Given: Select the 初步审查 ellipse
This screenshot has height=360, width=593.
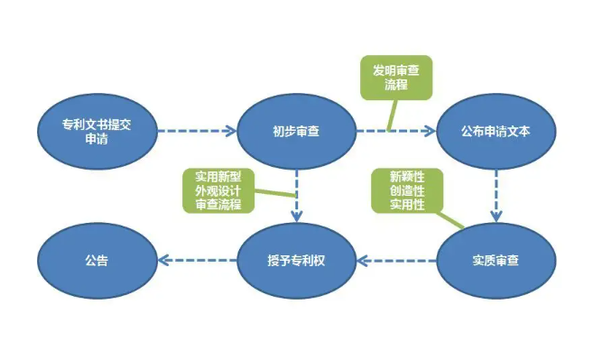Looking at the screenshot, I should (x=296, y=131).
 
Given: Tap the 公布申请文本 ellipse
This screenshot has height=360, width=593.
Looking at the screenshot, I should (x=496, y=131).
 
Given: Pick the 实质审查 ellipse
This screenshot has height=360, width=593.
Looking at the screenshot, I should (x=496, y=261).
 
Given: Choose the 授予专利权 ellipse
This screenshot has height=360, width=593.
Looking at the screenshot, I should (x=296, y=261).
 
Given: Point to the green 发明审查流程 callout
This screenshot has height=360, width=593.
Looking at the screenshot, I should (x=395, y=77).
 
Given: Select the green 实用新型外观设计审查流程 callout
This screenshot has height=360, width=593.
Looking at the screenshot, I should (x=218, y=189).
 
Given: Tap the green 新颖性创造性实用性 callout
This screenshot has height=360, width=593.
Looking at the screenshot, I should (x=406, y=190).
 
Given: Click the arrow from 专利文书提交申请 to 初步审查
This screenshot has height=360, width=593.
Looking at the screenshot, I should (x=197, y=131).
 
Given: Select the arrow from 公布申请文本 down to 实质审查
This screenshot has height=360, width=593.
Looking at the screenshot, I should (x=496, y=196).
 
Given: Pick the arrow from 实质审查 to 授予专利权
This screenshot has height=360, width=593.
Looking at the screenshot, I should (x=396, y=262).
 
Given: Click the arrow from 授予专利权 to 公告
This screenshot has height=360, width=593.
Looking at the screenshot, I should (x=197, y=262).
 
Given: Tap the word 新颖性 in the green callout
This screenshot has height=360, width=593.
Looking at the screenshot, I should (x=406, y=176).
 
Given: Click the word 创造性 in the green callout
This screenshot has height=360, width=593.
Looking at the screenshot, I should (x=406, y=190).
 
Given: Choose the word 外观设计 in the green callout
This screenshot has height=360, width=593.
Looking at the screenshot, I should (x=218, y=189).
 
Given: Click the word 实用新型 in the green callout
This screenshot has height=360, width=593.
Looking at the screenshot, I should (x=218, y=175).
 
